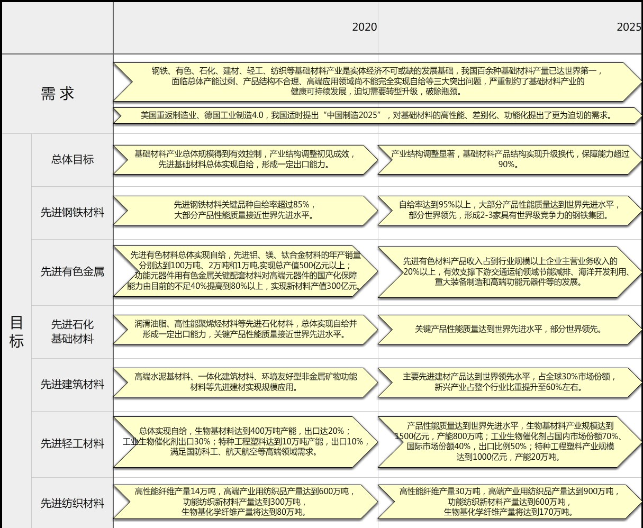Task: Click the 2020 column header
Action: tap(364, 27)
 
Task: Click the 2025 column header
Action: tap(629, 27)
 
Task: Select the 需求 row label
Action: tap(57, 93)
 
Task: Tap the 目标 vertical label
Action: tap(16, 332)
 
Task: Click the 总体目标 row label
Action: tap(73, 159)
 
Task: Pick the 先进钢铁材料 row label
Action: tap(73, 213)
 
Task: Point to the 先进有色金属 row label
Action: tap(73, 271)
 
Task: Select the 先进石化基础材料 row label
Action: tap(73, 331)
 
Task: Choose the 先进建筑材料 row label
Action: tap(73, 385)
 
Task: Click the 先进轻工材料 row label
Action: tap(73, 443)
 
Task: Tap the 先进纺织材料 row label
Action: tap(73, 503)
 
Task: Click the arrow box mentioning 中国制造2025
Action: tap(377, 115)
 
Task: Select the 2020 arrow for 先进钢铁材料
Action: tap(246, 211)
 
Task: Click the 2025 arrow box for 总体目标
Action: tap(510, 160)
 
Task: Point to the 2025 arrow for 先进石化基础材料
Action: tap(510, 330)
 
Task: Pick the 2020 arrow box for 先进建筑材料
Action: tap(246, 383)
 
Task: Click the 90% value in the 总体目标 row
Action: tap(506, 165)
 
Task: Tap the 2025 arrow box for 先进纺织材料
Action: tap(510, 502)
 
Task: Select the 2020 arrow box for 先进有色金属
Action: tap(246, 271)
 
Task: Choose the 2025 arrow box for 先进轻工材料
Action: tap(510, 442)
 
